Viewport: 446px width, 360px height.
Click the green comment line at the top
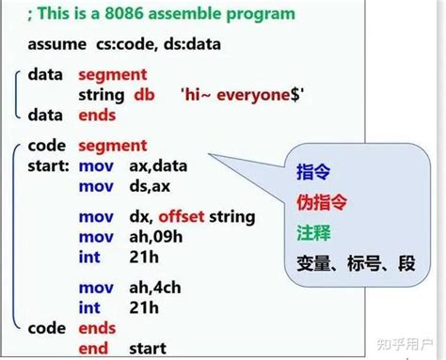(x=161, y=14)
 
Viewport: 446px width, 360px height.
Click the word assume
(x=56, y=44)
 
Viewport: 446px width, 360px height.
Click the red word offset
(x=170, y=216)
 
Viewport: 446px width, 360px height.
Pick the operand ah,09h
(x=159, y=237)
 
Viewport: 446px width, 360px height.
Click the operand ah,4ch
(x=158, y=288)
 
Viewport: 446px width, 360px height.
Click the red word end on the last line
(x=92, y=349)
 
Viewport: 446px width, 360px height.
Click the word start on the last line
(x=149, y=349)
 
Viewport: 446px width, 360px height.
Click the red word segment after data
(x=112, y=74)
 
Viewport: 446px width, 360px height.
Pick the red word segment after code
(x=112, y=146)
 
